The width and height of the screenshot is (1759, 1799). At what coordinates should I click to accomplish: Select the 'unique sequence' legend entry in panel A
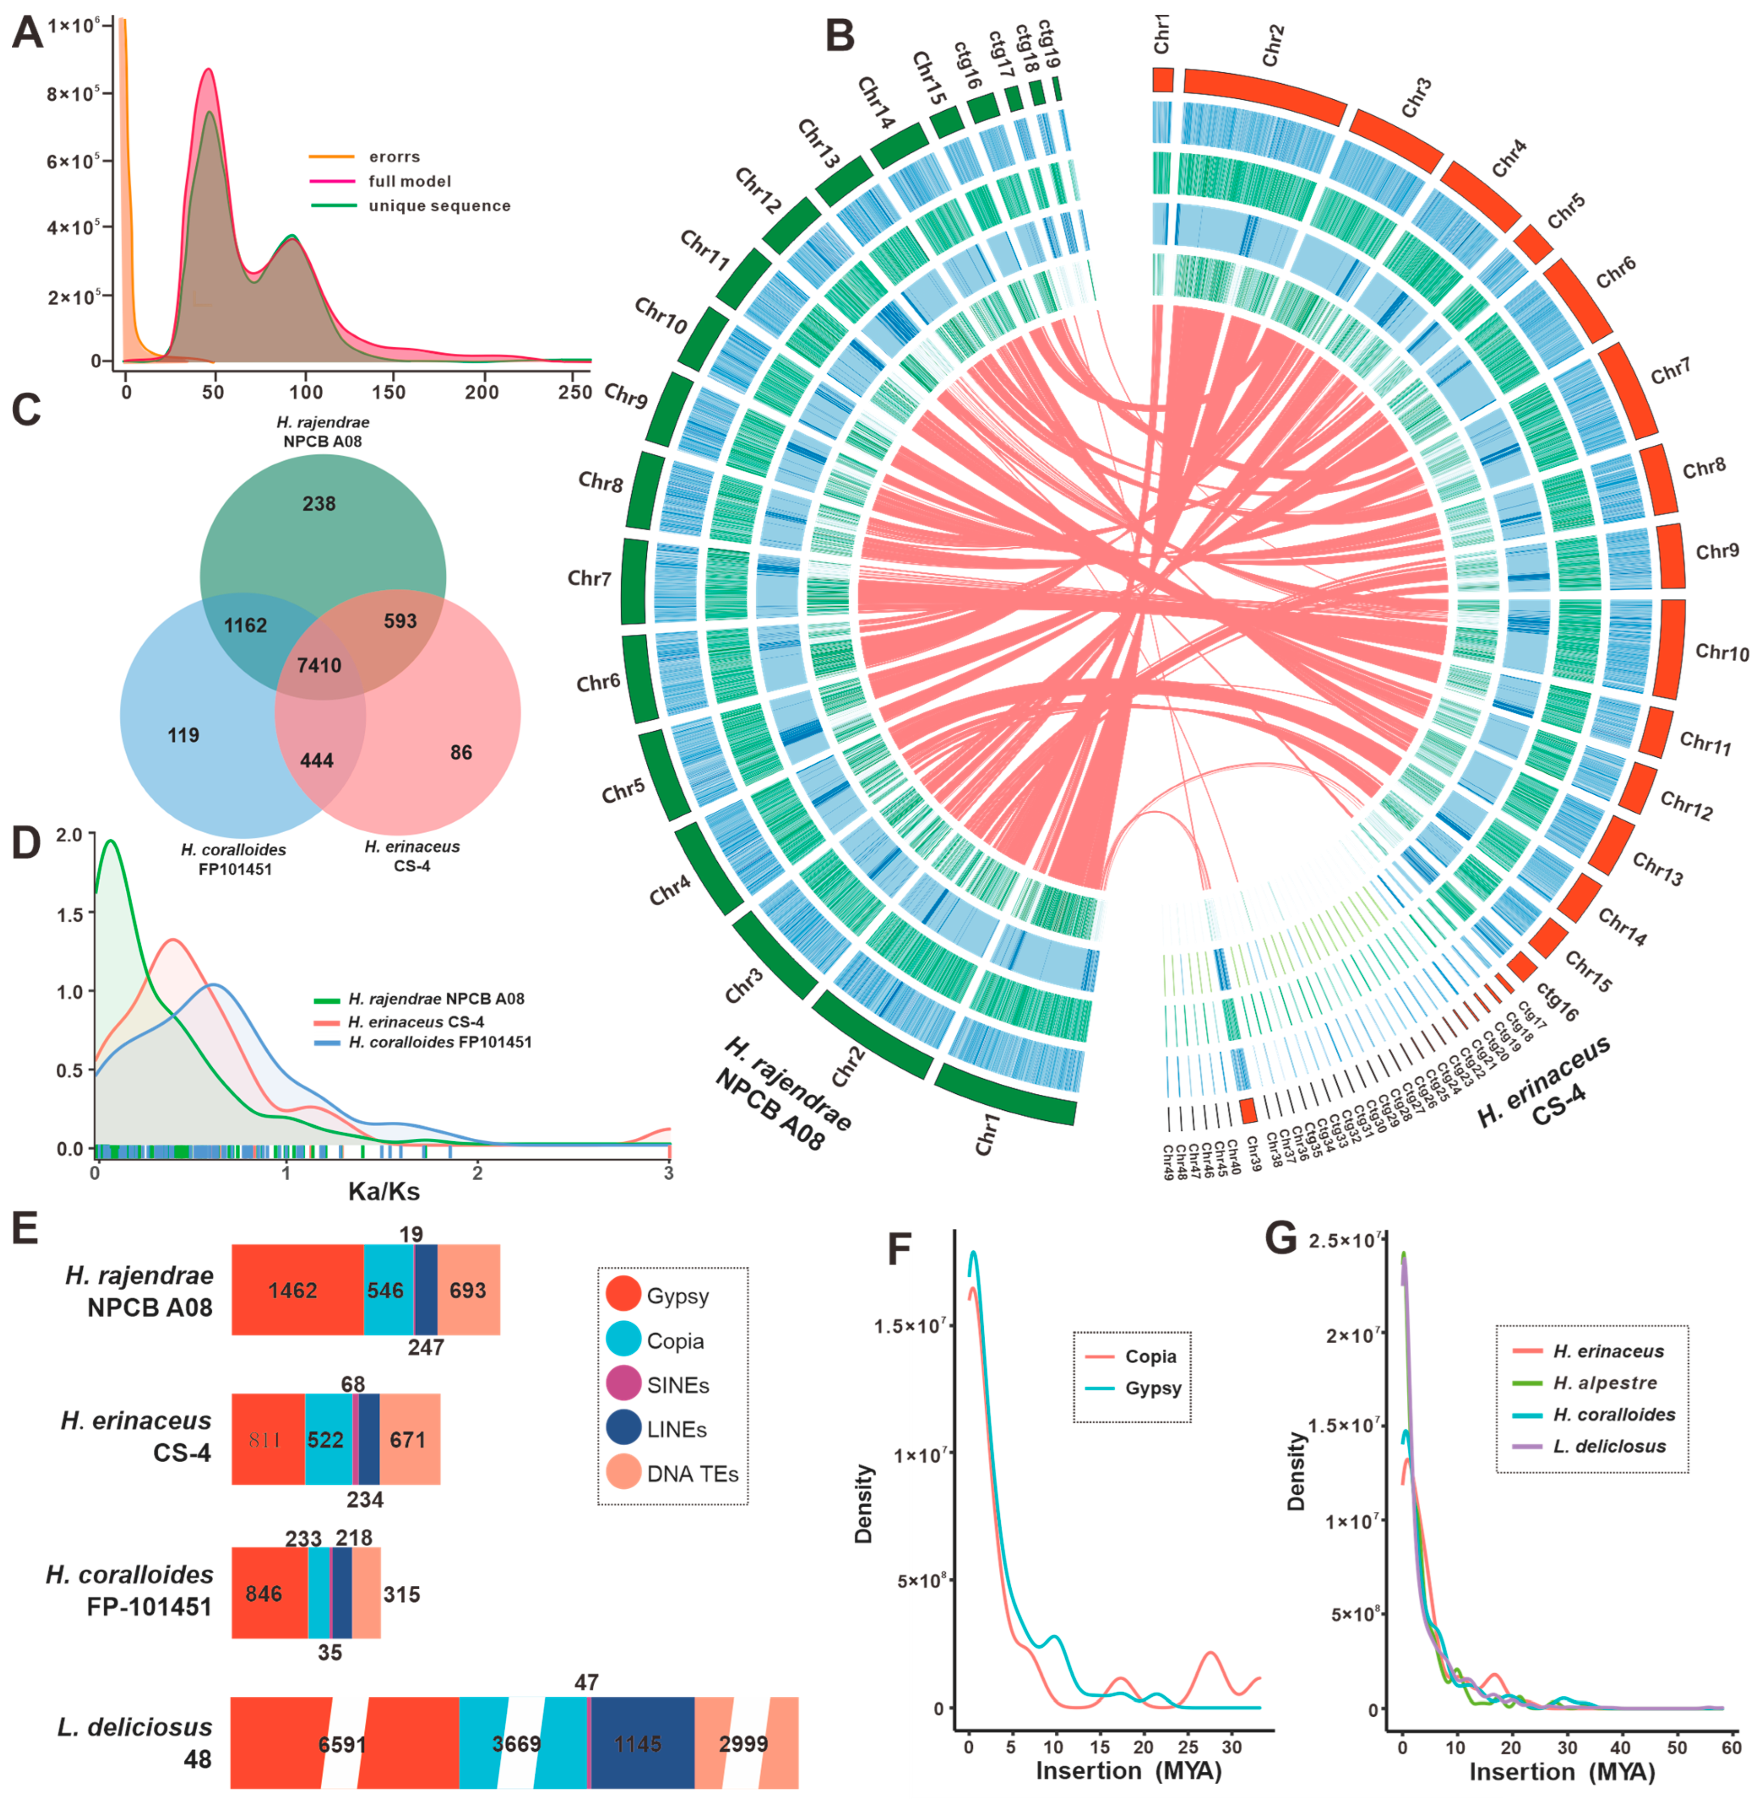point(439,206)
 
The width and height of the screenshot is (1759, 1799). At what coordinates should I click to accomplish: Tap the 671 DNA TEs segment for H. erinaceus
point(408,1439)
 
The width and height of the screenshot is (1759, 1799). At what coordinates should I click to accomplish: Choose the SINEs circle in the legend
point(624,1385)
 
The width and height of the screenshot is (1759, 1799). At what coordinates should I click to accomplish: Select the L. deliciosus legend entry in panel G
point(1609,1446)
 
